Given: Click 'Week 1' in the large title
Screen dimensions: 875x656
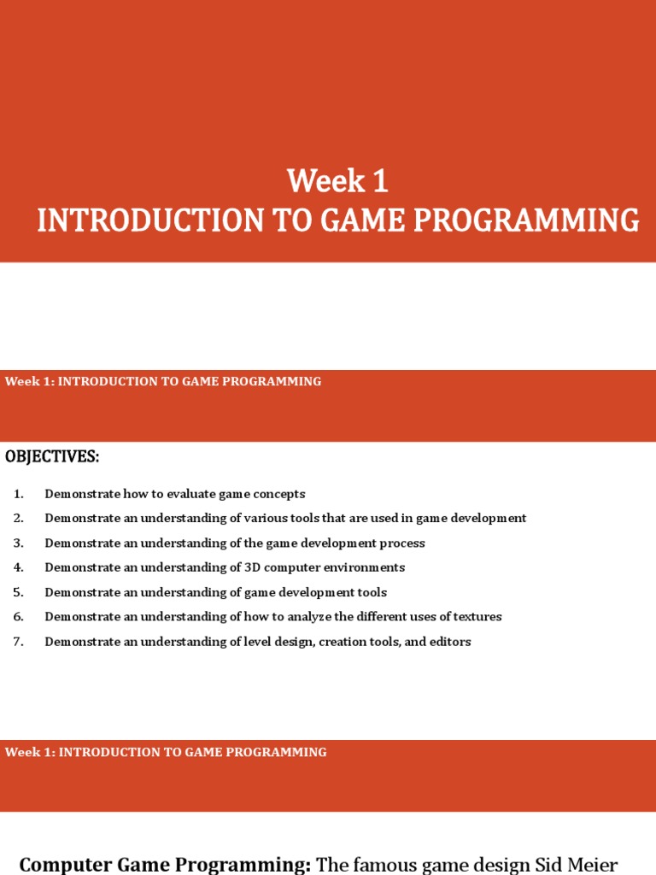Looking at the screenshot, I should point(337,181).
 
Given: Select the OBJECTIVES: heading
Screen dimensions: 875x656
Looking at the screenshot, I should point(52,456).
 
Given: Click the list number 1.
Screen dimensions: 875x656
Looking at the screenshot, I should point(18,494).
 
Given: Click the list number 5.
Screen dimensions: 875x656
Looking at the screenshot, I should point(18,592).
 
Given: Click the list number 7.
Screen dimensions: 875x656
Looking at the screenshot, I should point(18,642).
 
